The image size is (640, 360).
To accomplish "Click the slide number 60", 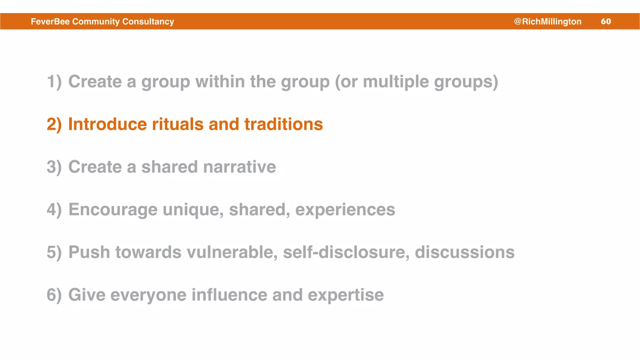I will click(606, 21).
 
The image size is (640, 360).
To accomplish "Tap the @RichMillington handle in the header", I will click(547, 21).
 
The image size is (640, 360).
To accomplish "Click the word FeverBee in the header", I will click(50, 21).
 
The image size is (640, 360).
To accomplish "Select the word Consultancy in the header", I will click(148, 21).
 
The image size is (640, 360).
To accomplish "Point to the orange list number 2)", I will click(54, 124).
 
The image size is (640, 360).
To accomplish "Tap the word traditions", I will click(283, 124).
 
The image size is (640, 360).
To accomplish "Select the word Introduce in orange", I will click(107, 124).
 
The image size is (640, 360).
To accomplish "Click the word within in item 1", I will click(220, 82).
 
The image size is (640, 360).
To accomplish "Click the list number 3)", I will click(54, 167).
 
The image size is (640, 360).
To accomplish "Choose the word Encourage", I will click(113, 209).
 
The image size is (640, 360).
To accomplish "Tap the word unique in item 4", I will click(193, 209).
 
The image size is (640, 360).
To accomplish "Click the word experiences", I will click(345, 209).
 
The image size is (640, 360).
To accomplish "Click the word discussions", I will click(464, 252).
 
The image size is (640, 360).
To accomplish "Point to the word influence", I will click(229, 295).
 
